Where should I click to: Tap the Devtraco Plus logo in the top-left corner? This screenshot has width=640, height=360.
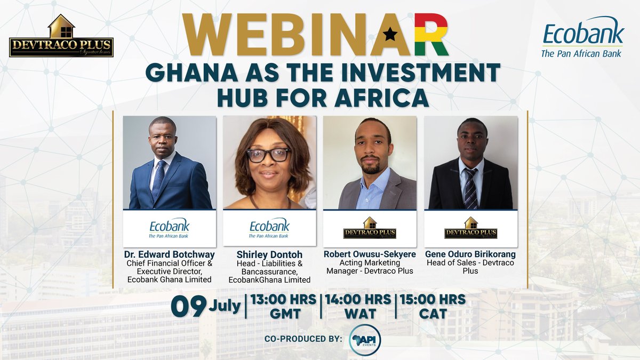(x=61, y=37)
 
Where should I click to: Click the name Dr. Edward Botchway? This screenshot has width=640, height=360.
(x=169, y=254)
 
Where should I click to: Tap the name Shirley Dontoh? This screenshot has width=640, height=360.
(x=269, y=254)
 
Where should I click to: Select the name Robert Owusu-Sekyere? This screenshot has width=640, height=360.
(x=370, y=254)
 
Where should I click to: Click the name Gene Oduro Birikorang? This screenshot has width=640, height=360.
(x=470, y=254)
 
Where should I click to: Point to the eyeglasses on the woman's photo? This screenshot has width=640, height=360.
(x=268, y=155)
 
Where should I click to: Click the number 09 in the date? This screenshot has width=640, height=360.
(x=188, y=307)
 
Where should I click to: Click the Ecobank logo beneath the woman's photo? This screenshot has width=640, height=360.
(x=269, y=228)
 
